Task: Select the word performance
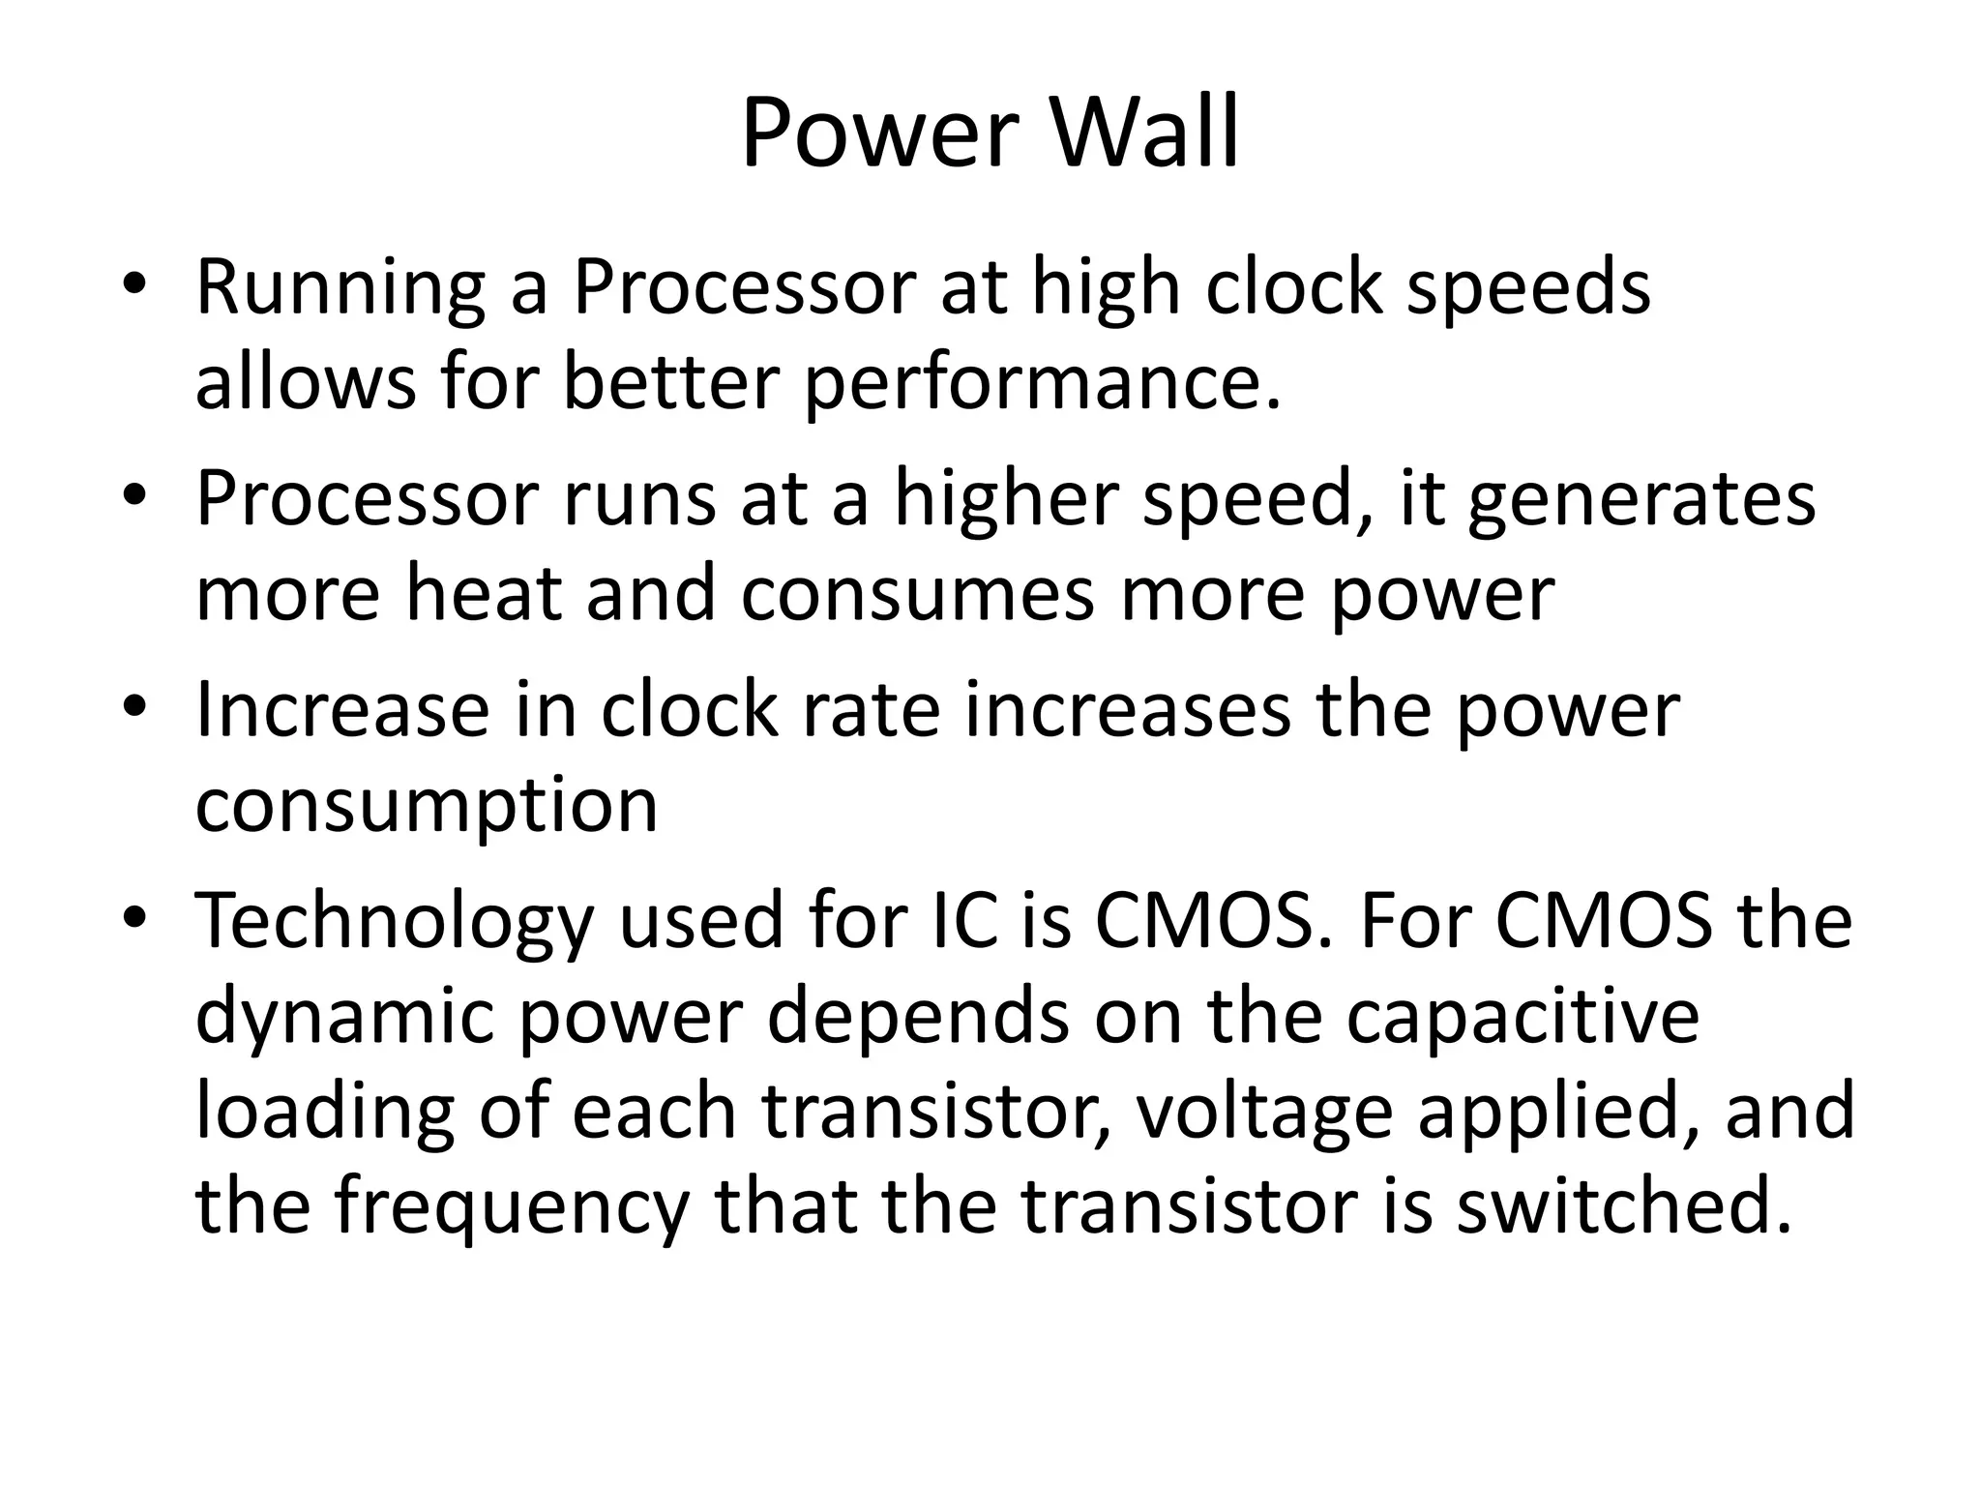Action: [1042, 383]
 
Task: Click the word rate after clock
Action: [881, 709]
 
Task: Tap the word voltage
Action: [1263, 1113]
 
